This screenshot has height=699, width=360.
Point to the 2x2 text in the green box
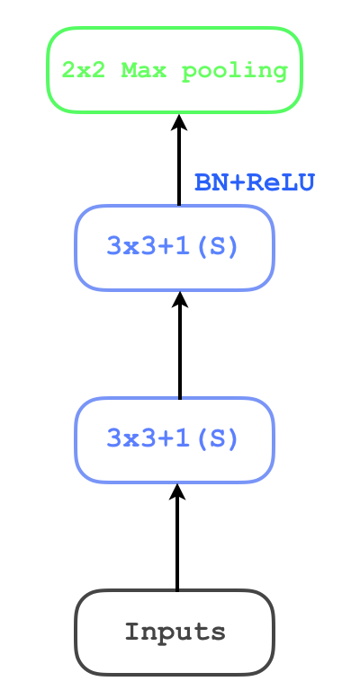coord(83,70)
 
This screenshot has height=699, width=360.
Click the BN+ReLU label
coord(254,183)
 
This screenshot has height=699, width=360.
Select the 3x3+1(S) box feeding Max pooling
coord(174,247)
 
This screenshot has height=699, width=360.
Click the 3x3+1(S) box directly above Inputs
coord(174,439)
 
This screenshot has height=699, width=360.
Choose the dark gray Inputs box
coord(174,632)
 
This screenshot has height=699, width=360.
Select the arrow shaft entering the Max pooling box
coord(178,166)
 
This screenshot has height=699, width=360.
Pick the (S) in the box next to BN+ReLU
coord(221,247)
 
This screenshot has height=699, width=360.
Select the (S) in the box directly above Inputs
coord(221,439)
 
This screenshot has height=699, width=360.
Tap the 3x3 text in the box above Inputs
coord(126,439)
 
